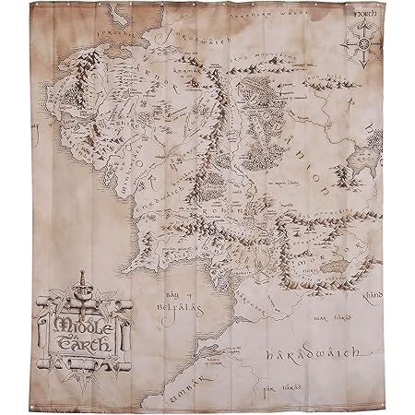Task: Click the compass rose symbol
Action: pyautogui.click(x=362, y=43)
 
